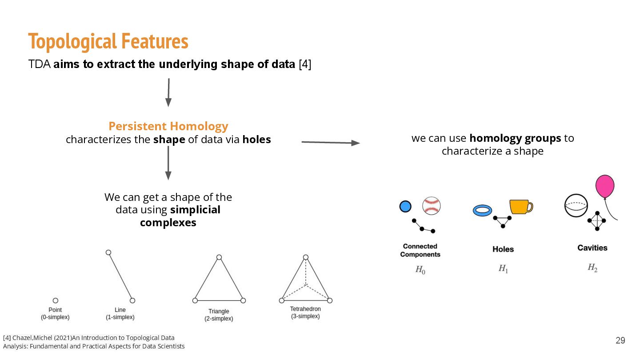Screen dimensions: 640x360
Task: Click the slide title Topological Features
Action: coord(108,42)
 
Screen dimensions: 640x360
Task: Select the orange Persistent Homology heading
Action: coord(168,126)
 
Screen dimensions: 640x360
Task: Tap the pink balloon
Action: coord(605,187)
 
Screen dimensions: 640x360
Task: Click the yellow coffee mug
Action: coord(520,207)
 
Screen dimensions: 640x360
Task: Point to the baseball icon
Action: coord(431,206)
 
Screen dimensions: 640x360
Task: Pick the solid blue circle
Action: coord(405,206)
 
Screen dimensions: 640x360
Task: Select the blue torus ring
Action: coord(483,210)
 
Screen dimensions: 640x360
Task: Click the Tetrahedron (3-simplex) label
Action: coord(305,312)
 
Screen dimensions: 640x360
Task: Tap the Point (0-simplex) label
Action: coord(55,313)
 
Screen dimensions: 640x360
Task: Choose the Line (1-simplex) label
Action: coord(120,313)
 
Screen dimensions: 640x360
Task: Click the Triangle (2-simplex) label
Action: coord(219,315)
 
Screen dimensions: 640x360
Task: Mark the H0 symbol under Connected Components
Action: coord(420,270)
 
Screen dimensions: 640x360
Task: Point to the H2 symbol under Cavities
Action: coord(592,268)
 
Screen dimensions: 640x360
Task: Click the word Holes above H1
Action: coord(503,249)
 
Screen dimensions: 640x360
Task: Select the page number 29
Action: coord(620,340)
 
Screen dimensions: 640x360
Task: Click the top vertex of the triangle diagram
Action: coord(219,257)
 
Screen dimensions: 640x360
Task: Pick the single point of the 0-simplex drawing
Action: coord(55,300)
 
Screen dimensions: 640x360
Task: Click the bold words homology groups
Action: coord(515,138)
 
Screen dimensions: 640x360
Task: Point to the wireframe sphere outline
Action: coord(576,206)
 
